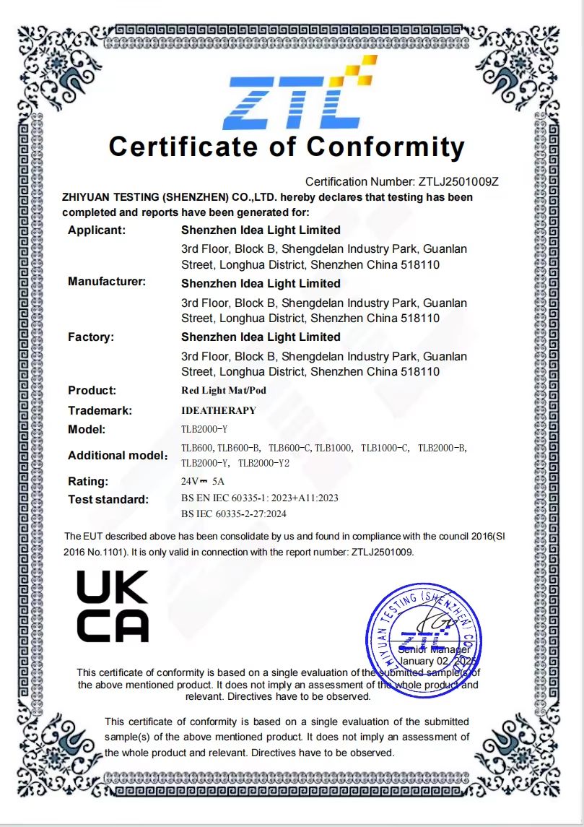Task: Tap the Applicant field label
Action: point(97,230)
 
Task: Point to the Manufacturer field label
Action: point(107,282)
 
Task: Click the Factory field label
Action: point(91,337)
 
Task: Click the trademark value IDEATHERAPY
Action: point(218,410)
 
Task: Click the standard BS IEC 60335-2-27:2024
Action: point(234,514)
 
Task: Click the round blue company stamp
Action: point(423,640)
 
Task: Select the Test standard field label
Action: point(108,500)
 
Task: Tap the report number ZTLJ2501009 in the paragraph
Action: point(382,552)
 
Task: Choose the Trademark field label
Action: point(100,411)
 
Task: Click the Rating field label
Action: point(88,482)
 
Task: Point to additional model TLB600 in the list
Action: point(196,448)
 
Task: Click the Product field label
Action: point(92,391)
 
